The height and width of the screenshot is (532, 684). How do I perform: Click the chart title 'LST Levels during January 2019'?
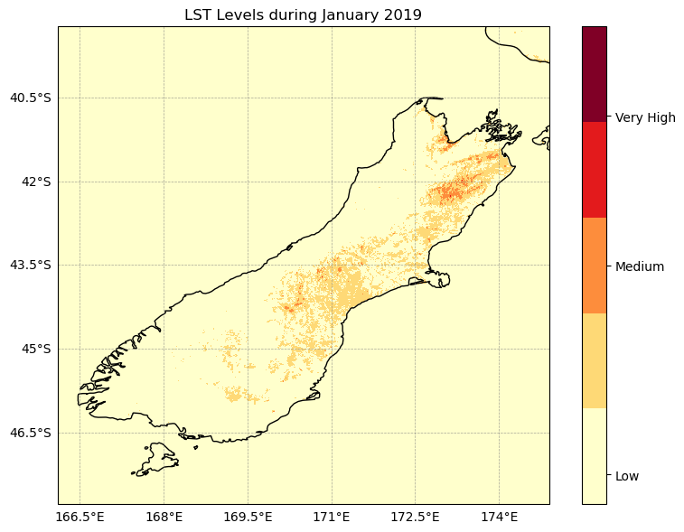(x=303, y=14)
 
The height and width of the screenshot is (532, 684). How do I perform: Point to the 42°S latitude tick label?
(x=37, y=182)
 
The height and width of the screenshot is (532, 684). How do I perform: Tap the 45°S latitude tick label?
(x=37, y=349)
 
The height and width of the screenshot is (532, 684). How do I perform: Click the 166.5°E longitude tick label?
(x=80, y=518)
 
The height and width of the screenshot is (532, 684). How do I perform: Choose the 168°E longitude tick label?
(x=164, y=518)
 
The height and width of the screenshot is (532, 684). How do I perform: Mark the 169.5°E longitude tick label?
(x=248, y=518)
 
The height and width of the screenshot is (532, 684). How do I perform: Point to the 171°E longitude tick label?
(x=332, y=518)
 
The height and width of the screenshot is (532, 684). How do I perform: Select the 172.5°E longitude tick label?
(x=416, y=518)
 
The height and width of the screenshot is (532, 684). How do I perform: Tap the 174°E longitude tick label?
(x=500, y=518)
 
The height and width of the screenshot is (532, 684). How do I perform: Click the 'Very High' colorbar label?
(x=645, y=117)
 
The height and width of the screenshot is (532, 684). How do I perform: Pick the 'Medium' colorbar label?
(x=640, y=266)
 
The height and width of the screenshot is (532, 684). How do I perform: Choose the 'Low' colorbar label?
(x=627, y=476)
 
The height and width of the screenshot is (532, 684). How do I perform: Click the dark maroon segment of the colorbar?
(x=594, y=74)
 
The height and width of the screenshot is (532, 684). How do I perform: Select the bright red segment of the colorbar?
(x=594, y=170)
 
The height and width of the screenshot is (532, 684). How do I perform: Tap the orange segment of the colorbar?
(x=594, y=266)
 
